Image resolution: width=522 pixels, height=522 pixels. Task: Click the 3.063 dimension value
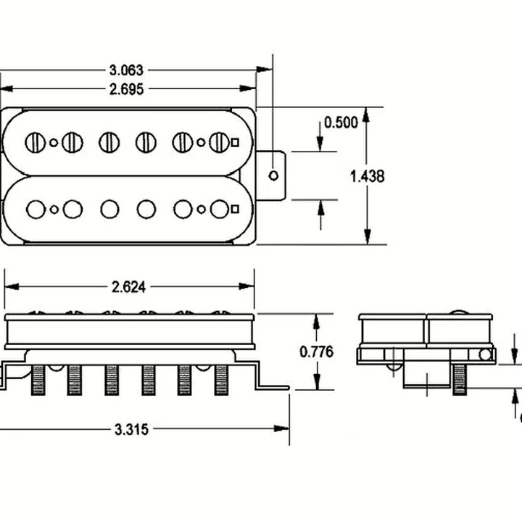(x=126, y=70)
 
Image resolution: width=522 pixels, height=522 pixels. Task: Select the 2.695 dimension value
(x=126, y=89)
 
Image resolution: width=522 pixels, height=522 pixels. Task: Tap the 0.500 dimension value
(x=341, y=123)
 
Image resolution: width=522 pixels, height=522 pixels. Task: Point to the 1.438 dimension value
(x=367, y=176)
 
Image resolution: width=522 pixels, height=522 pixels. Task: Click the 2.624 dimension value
(x=128, y=287)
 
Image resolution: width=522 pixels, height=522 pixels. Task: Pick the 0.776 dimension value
(x=316, y=352)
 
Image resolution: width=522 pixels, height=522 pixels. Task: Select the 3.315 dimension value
(x=131, y=429)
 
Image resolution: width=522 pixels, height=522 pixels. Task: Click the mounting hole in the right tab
(x=273, y=175)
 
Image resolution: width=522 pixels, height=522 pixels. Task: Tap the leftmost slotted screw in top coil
(x=36, y=143)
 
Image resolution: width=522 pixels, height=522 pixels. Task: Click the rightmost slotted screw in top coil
(x=219, y=143)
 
